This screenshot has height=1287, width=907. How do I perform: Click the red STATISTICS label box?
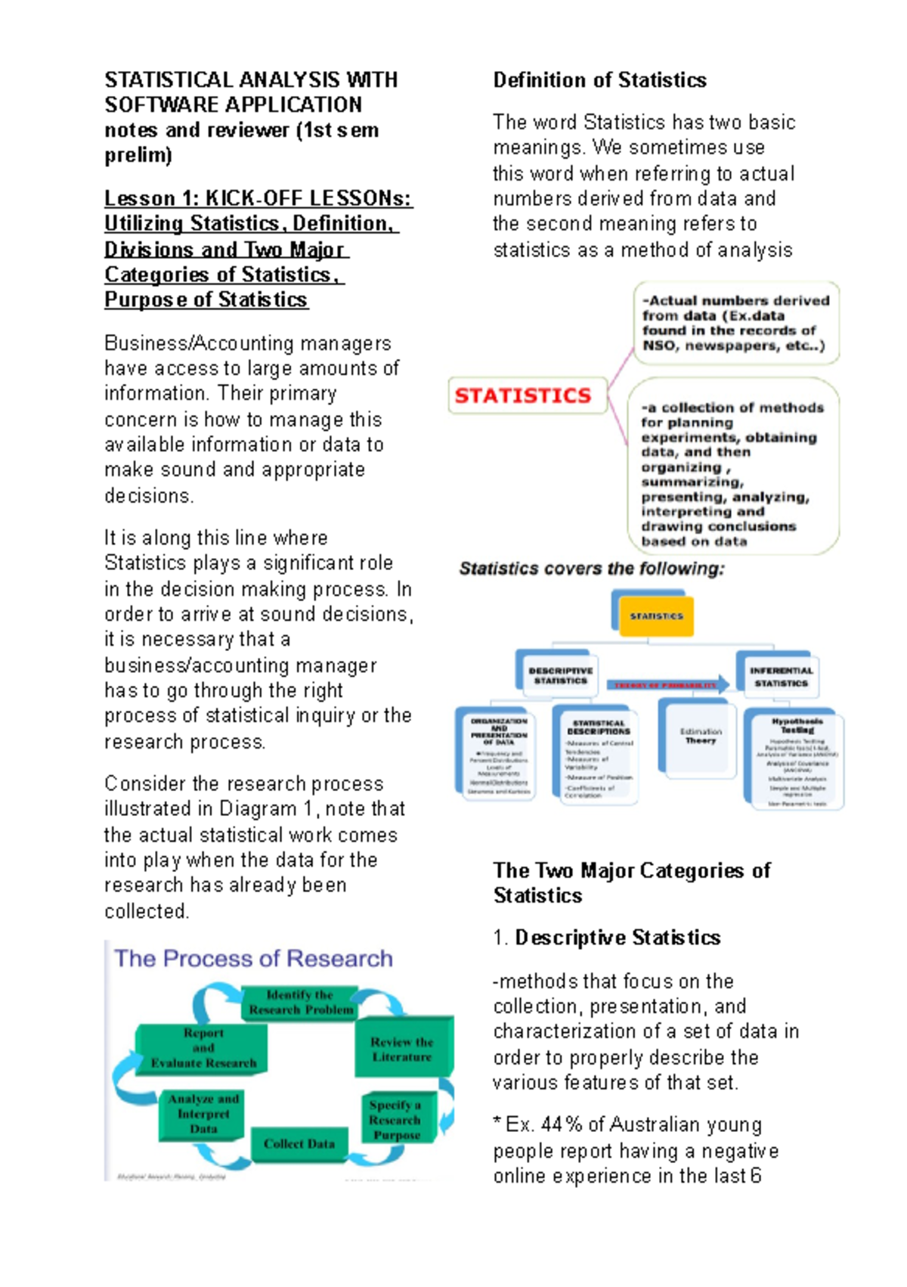pyautogui.click(x=527, y=395)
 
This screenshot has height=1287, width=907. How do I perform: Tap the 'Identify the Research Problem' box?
pyautogui.click(x=300, y=1003)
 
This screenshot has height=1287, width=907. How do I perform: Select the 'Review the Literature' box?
pyautogui.click(x=402, y=1050)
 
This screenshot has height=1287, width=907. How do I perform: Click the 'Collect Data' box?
pyautogui.click(x=299, y=1144)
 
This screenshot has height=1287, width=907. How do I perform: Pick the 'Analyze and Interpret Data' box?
pyautogui.click(x=203, y=1114)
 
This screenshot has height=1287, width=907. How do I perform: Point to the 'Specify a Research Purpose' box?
pyautogui.click(x=396, y=1119)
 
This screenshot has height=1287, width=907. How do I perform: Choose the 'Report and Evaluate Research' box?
pyautogui.click(x=203, y=1048)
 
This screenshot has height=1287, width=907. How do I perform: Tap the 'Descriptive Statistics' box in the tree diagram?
pyautogui.click(x=560, y=675)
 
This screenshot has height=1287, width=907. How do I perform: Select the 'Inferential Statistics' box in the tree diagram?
pyautogui.click(x=781, y=676)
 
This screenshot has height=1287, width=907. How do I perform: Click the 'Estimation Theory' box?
pyautogui.click(x=701, y=737)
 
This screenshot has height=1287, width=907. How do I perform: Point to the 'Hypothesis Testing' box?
pyautogui.click(x=797, y=760)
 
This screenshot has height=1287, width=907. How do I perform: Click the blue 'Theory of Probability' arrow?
pyautogui.click(x=667, y=685)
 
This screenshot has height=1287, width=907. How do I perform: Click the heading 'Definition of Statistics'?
pyautogui.click(x=599, y=80)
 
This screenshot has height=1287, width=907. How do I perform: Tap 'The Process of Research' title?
pyautogui.click(x=253, y=959)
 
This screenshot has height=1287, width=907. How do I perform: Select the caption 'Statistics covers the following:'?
pyautogui.click(x=591, y=569)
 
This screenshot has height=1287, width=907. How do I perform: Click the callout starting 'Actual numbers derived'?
pyautogui.click(x=735, y=323)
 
